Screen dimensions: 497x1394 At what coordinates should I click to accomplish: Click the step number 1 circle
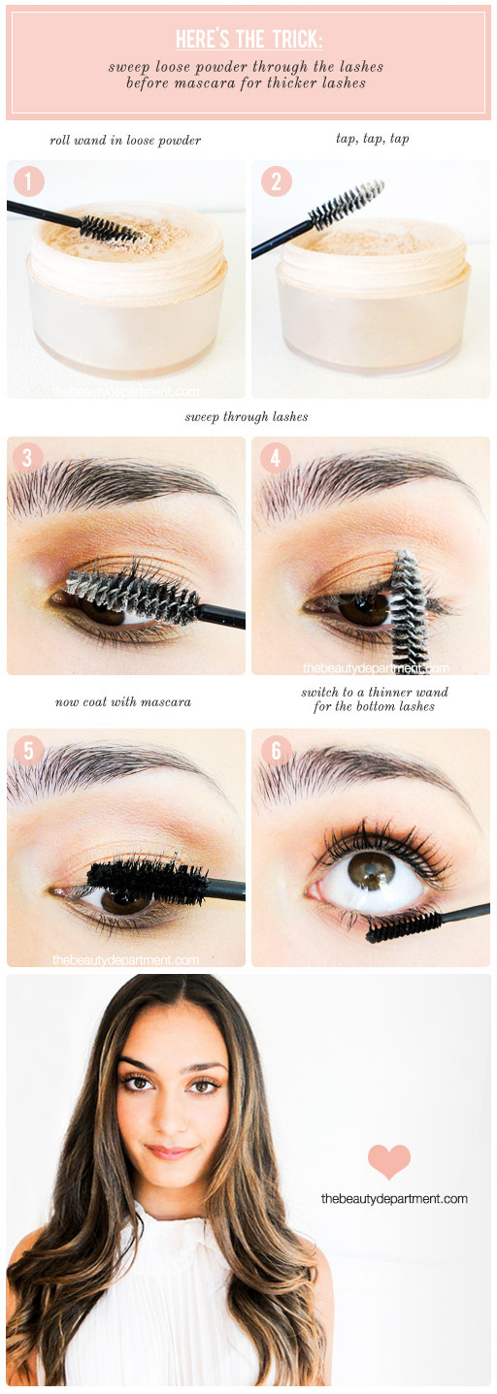(28, 181)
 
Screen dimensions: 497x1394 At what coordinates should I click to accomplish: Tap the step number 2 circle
(277, 181)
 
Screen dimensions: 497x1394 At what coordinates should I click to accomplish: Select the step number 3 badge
(27, 458)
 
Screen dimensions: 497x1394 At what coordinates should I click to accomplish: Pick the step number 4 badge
(276, 458)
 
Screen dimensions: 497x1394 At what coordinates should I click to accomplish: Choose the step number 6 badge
(276, 751)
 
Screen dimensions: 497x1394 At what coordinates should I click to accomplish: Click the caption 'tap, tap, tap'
(373, 138)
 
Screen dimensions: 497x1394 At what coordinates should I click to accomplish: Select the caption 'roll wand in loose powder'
(125, 140)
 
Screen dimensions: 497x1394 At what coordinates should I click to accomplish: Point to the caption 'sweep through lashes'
(247, 416)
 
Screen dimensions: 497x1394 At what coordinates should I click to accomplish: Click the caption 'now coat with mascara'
(123, 702)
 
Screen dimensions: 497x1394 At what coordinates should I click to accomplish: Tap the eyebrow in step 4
(368, 480)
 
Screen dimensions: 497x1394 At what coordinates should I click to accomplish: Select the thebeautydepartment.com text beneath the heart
(394, 1198)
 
